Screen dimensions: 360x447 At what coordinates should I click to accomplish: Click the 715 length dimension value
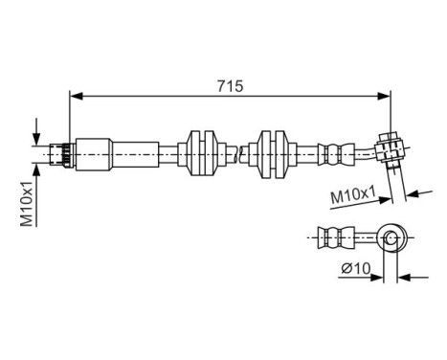click(x=231, y=85)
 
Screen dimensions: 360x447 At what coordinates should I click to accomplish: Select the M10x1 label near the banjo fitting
click(x=350, y=198)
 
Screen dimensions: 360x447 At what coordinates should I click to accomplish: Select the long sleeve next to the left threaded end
click(x=96, y=152)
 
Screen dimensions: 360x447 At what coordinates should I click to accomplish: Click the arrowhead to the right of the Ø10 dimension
click(x=402, y=279)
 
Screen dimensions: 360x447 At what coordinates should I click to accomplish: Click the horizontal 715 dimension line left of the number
click(x=144, y=96)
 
